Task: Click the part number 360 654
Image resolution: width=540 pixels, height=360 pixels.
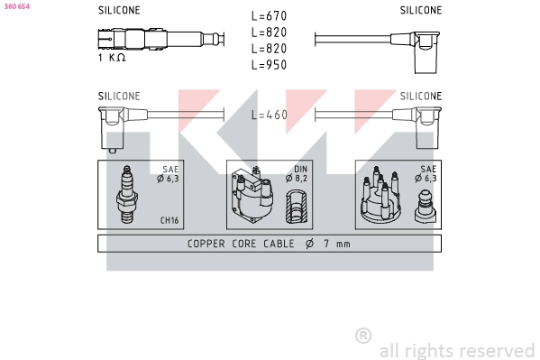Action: click(17, 5)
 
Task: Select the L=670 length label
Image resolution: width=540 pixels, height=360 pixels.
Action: click(269, 16)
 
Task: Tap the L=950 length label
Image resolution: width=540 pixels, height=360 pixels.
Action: click(269, 65)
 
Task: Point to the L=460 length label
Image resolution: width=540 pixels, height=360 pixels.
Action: click(269, 115)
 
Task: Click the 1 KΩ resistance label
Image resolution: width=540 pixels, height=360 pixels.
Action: click(111, 58)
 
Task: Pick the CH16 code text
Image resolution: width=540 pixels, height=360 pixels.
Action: click(169, 219)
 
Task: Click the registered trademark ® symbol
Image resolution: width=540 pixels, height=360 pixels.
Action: click(363, 336)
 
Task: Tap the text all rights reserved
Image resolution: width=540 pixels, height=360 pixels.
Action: click(456, 350)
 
